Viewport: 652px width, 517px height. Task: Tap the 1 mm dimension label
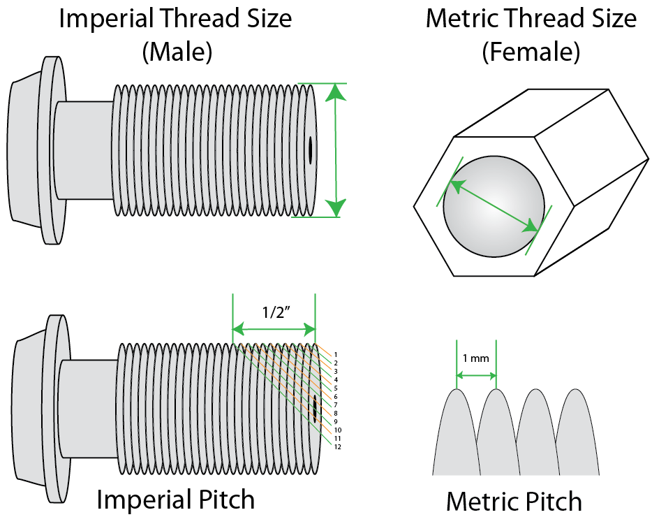point(475,358)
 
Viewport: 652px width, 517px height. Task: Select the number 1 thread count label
point(336,355)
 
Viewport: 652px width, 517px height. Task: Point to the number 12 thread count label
point(337,446)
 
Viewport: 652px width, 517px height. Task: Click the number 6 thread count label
point(336,396)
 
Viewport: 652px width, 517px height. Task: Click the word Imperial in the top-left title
point(104,19)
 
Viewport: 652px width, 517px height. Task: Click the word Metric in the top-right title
point(465,19)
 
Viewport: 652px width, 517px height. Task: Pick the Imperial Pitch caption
point(175,500)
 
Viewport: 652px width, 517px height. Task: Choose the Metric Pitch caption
point(514,501)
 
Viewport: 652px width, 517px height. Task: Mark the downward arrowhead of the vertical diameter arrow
point(336,207)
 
